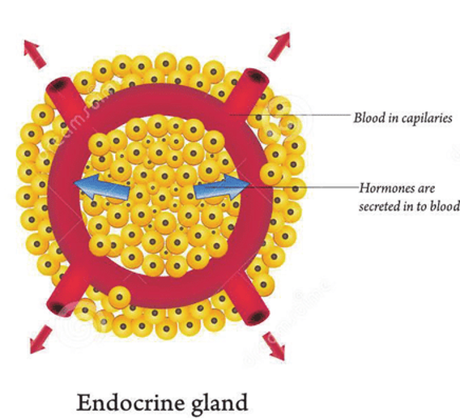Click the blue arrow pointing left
pos(102,186)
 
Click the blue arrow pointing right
pos(221,186)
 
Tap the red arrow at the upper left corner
pos(34,54)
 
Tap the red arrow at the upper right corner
pos(279,46)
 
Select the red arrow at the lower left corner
pos(40,339)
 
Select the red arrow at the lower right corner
pos(274,347)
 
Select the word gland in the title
pos(219,404)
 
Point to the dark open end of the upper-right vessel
pos(258,76)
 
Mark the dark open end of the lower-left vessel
pos(57,309)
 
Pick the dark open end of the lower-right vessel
pos(259,317)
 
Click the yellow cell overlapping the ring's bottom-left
pos(119,297)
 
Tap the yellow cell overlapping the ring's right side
pos(271,174)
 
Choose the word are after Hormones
pos(426,189)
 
